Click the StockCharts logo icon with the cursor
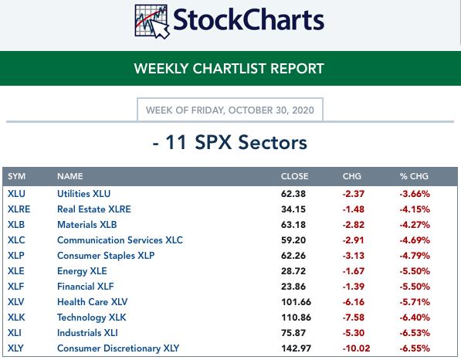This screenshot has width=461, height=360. tap(152, 22)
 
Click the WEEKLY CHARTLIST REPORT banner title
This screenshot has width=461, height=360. tap(229, 69)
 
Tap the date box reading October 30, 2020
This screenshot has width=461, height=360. tap(230, 110)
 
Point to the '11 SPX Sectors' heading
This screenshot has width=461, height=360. tap(230, 143)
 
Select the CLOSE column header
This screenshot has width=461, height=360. tap(295, 176)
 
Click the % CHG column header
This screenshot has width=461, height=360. tap(414, 176)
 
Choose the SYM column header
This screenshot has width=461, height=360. tap(16, 176)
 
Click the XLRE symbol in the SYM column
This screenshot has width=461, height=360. tap(19, 209)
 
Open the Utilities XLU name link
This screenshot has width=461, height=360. tap(84, 194)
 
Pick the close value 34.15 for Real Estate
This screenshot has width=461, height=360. tap(293, 209)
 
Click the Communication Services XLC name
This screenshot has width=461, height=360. tap(120, 240)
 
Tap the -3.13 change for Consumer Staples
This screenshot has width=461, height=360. tap(354, 256)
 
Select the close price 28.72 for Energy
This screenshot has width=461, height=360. tap(293, 271)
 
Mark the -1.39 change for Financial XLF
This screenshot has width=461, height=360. tap(354, 287)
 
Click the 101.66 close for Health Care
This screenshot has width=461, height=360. tap(296, 302)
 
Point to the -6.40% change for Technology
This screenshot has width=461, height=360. tap(415, 318)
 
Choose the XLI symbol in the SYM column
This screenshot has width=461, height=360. tap(15, 333)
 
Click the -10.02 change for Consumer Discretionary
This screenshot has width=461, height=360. tap(356, 348)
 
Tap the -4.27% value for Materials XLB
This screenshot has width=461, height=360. tap(415, 225)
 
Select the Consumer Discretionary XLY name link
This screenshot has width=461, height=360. tap(118, 348)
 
